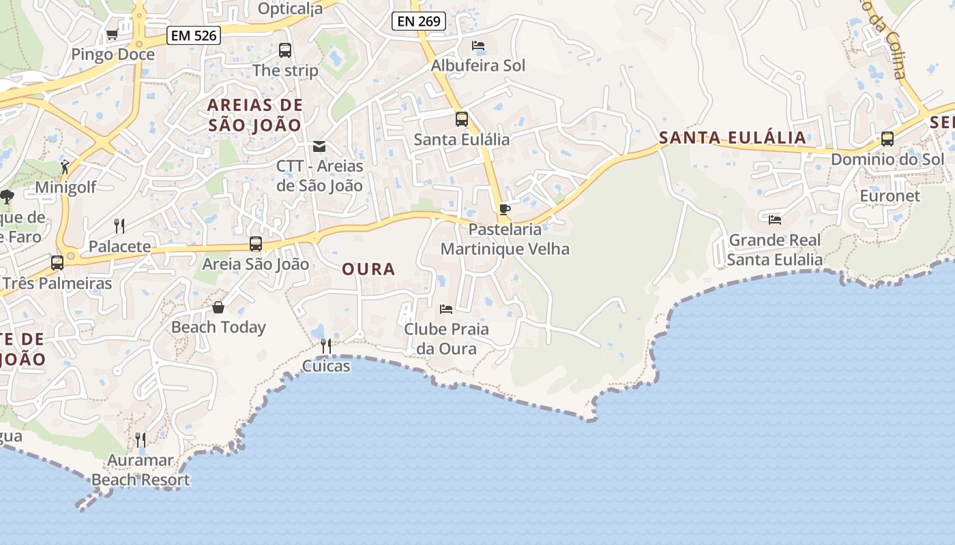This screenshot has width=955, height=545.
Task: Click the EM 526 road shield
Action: pos(194,35)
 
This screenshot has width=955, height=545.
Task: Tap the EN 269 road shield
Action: pos(419,21)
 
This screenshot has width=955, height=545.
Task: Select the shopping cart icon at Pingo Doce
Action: pos(113,34)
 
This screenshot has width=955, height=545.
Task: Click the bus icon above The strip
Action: pos(285,50)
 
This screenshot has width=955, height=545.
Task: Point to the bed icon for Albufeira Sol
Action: pos(478,46)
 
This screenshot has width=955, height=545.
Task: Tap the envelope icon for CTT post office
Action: pos(319,146)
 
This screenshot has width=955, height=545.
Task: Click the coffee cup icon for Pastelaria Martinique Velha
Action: pos(504,209)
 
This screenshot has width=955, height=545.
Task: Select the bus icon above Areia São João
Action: pos(256,244)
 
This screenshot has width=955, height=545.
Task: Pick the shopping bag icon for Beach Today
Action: pos(218,307)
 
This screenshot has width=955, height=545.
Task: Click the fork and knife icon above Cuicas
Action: pos(326,346)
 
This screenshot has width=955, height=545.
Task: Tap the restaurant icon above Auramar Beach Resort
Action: pos(140,439)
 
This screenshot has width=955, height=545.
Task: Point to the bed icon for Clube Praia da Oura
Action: pos(446,309)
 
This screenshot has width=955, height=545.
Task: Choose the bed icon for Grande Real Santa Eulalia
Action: pos(775,219)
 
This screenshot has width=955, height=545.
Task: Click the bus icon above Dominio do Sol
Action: pos(887,139)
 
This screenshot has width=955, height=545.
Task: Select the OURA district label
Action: pos(368,269)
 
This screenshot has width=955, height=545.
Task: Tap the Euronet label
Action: pos(890,196)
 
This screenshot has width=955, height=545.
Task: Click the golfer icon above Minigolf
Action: pos(65,167)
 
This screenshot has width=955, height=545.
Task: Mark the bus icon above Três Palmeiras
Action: pos(57,262)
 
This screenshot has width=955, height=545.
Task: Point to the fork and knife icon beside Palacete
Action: pos(119,226)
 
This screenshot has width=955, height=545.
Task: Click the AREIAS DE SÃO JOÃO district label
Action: pos(254,115)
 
